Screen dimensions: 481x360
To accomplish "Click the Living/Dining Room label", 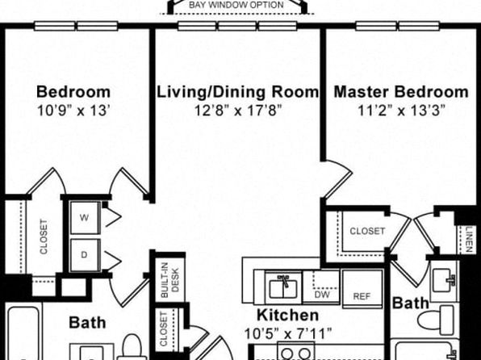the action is (x=238, y=92).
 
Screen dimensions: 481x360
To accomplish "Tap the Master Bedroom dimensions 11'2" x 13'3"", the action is (x=402, y=111).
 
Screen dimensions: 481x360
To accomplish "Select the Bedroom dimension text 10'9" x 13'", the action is (x=73, y=111).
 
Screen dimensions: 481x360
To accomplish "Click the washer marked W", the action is (x=85, y=218).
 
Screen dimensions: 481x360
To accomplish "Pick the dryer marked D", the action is (x=85, y=255).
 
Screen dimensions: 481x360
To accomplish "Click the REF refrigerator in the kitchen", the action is (x=362, y=288).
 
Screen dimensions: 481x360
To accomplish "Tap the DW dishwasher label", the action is (x=322, y=295).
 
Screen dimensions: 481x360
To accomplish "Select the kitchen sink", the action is (x=283, y=287).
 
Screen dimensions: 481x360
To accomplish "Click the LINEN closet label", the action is (x=469, y=240).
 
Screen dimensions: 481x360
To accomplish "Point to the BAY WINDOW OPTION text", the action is (x=236, y=5).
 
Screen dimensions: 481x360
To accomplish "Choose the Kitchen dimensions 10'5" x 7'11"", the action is (x=288, y=333).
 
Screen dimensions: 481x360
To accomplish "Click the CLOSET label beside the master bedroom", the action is (x=367, y=231).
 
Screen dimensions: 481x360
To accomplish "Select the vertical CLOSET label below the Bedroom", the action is (x=44, y=237).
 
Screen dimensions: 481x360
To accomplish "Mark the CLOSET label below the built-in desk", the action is (x=164, y=329).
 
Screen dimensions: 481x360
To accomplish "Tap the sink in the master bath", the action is (x=444, y=280).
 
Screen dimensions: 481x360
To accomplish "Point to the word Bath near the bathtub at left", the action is (x=87, y=323).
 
